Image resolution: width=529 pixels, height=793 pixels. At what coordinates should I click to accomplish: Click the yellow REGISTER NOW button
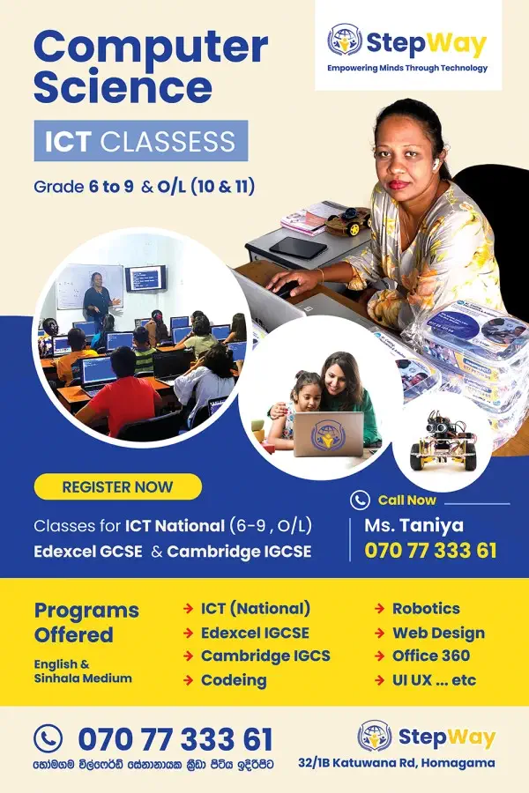click(117, 487)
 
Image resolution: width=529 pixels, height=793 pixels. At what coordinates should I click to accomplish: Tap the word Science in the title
click(123, 87)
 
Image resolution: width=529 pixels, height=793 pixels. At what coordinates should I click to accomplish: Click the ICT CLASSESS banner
click(141, 141)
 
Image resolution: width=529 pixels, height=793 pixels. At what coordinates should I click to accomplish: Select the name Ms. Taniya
click(414, 525)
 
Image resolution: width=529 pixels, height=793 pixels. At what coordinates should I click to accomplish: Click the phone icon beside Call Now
click(360, 500)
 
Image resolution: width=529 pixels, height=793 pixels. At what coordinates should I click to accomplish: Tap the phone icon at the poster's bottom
click(48, 738)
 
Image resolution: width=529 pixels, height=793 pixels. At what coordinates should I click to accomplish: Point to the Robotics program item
click(426, 608)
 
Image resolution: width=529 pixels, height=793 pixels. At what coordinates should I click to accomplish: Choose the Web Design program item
click(438, 633)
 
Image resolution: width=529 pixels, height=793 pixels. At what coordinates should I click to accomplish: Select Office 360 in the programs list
click(431, 656)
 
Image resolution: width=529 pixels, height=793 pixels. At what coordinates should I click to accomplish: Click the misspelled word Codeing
click(234, 681)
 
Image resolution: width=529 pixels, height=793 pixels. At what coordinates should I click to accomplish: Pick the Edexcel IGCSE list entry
click(255, 633)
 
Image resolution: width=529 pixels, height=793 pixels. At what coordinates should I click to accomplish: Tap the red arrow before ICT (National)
click(188, 608)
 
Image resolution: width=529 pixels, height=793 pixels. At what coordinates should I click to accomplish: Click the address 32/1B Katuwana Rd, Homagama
click(397, 763)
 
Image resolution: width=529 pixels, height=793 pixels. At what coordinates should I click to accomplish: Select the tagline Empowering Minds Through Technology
click(407, 68)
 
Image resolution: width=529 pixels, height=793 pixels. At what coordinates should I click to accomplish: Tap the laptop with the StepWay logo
click(328, 434)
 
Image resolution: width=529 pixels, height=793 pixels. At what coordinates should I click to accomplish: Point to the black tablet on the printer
click(298, 248)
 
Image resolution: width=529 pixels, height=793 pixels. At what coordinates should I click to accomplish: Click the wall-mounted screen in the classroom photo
click(145, 278)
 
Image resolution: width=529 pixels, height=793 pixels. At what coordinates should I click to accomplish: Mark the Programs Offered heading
click(86, 623)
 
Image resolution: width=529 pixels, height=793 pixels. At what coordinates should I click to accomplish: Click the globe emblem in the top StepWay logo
click(344, 40)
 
